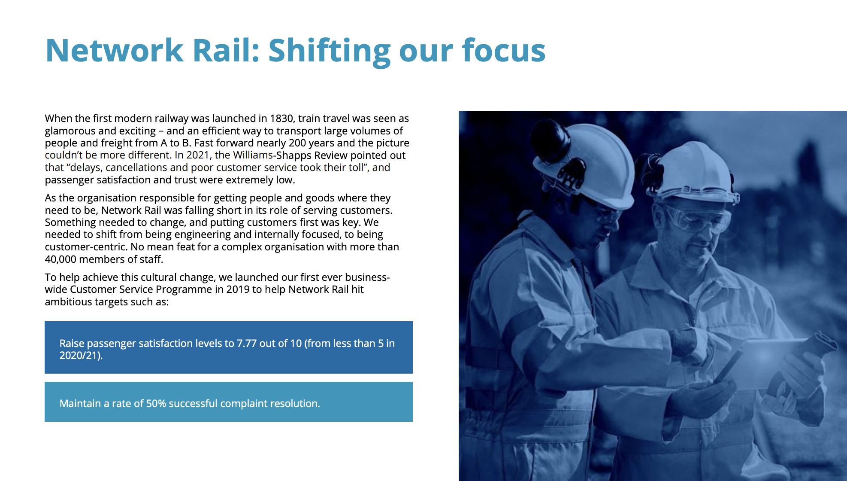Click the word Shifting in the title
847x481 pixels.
329,51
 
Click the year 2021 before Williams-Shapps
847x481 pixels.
198,155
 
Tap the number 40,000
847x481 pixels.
60,259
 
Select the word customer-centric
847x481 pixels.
86,247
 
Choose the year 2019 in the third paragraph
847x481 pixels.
238,289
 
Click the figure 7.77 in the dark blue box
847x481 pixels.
247,344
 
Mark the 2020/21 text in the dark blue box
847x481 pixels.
80,356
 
